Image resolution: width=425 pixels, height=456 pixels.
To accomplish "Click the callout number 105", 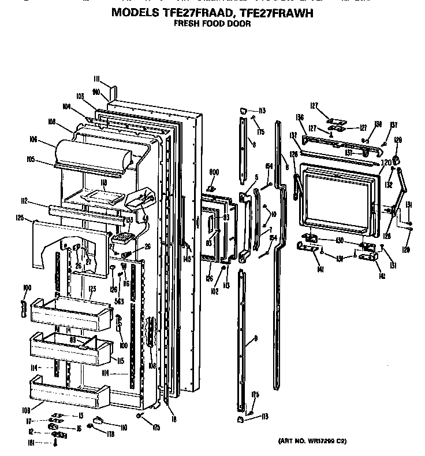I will [x=31, y=159].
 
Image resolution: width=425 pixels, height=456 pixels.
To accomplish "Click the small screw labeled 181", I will [x=55, y=443].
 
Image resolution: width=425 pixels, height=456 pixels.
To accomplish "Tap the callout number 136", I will [x=300, y=118].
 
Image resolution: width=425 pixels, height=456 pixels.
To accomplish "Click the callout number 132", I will [x=389, y=185].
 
